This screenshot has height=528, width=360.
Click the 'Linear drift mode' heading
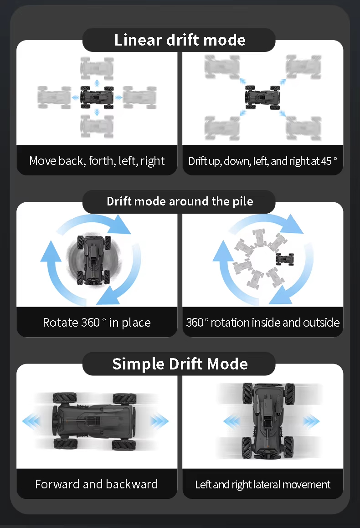point(180,40)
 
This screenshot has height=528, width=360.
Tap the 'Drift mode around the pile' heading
point(180,201)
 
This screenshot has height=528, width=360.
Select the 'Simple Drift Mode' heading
point(180,364)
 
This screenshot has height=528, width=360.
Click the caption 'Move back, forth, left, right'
point(97,161)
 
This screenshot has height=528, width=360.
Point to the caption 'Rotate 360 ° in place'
point(97,323)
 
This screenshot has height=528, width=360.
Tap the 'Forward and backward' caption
point(97,484)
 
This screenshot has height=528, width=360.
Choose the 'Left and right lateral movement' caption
point(262,484)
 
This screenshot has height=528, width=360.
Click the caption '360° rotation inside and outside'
point(262,323)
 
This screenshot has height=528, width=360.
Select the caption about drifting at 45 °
point(262,161)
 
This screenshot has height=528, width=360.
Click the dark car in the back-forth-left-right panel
point(97,97)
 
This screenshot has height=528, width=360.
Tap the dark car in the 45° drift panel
point(262,97)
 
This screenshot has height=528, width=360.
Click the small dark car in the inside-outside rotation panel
point(285,259)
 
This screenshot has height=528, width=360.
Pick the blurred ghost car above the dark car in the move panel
point(97,68)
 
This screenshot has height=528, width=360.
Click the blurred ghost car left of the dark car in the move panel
point(54,97)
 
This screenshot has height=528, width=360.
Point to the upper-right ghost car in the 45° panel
point(303,67)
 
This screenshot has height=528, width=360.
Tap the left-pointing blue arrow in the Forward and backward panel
point(31,421)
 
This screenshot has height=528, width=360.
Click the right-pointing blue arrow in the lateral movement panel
point(311,421)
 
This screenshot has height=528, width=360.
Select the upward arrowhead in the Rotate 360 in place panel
point(51,252)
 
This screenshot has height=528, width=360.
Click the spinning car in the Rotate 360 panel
point(93,260)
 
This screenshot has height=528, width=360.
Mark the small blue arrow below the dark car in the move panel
point(97,112)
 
